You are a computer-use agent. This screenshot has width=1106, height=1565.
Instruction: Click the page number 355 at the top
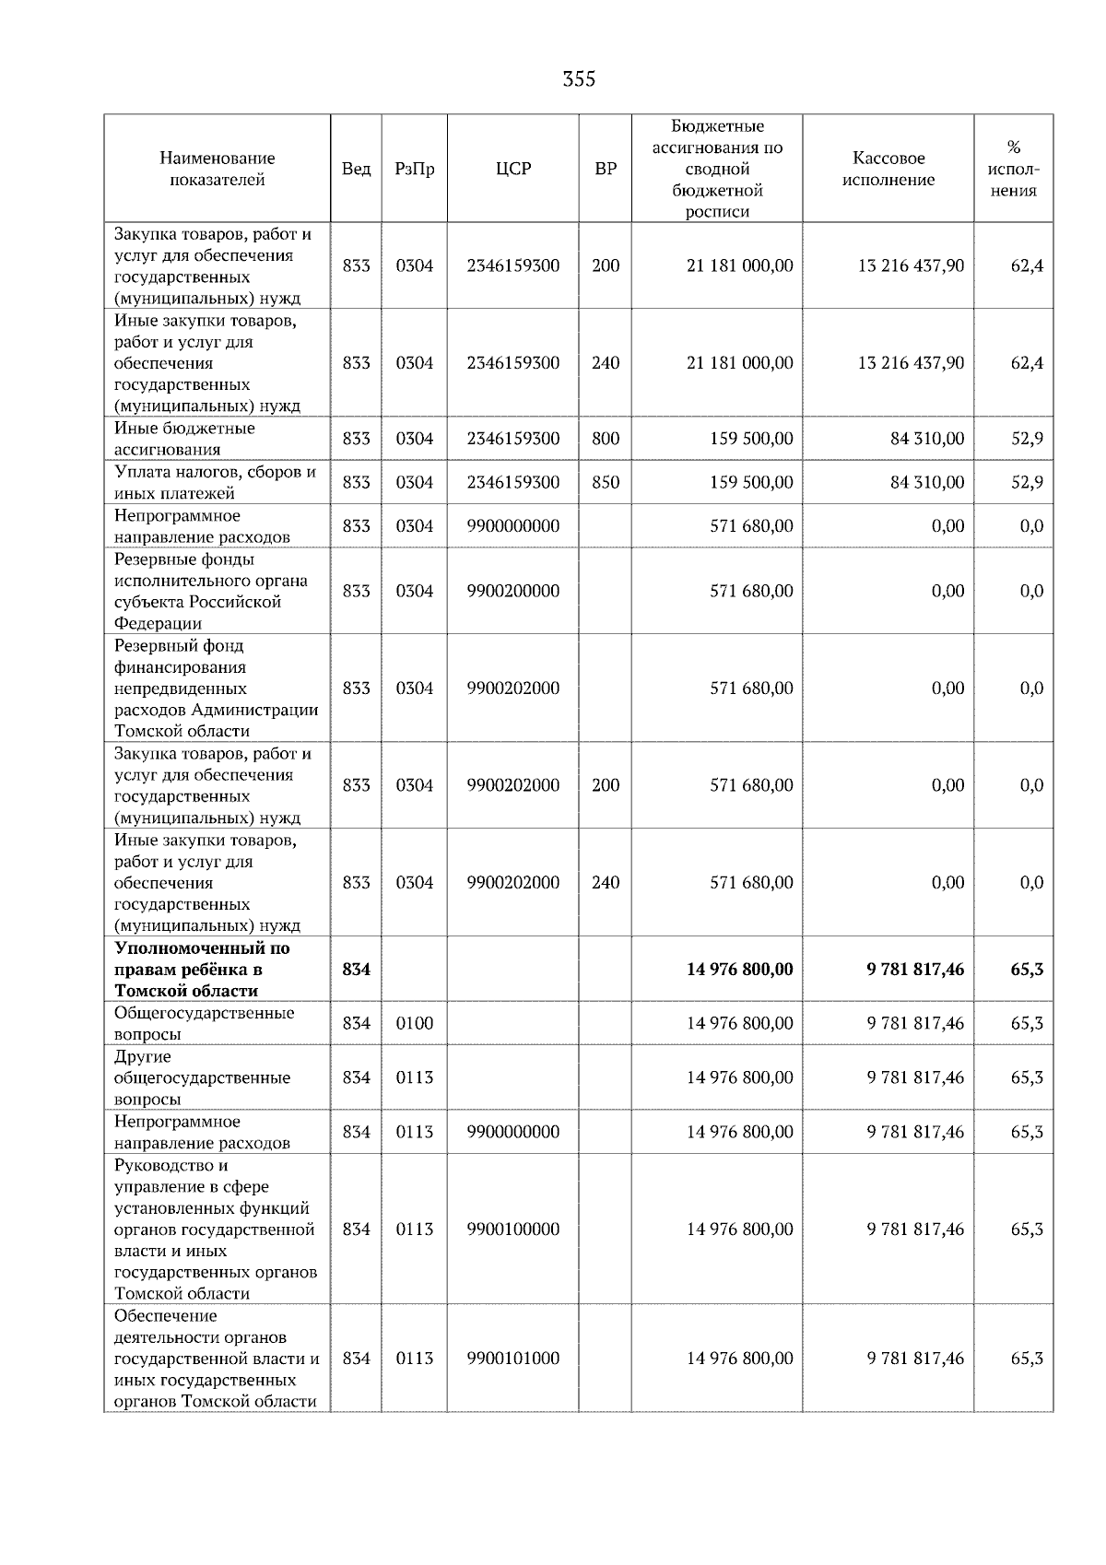(579, 79)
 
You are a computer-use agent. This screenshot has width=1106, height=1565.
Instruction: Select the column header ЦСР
(513, 169)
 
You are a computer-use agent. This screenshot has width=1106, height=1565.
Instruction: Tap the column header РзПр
(414, 169)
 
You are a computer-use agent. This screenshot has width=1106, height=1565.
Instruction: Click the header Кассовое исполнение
(888, 169)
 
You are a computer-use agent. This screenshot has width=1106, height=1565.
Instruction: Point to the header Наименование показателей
(217, 169)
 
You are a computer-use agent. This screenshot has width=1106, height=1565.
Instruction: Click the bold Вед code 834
(356, 970)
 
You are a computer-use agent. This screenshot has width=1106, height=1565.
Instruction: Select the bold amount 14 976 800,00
(739, 970)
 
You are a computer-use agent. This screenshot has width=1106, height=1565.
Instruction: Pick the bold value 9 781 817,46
(914, 970)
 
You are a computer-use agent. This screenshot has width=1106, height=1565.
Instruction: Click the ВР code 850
(606, 482)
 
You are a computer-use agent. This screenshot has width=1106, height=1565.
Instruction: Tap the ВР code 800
(606, 439)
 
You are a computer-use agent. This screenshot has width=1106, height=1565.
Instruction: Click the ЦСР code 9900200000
(513, 591)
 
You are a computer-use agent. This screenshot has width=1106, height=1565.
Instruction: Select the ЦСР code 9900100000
(513, 1230)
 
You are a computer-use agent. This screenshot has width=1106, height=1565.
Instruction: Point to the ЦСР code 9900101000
(513, 1359)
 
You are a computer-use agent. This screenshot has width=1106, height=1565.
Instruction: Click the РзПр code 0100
(414, 1023)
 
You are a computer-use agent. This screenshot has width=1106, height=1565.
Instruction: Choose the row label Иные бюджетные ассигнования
(184, 439)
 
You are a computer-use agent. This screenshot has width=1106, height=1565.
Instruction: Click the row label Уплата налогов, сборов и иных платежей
(214, 482)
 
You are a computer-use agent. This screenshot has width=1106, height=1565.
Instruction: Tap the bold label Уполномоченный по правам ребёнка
(201, 970)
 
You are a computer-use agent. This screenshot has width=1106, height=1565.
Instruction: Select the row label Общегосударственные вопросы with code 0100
(204, 1023)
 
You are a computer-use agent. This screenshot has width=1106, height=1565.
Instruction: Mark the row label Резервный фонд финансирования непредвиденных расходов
(216, 688)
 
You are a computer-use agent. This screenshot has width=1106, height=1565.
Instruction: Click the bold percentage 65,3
(1026, 970)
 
